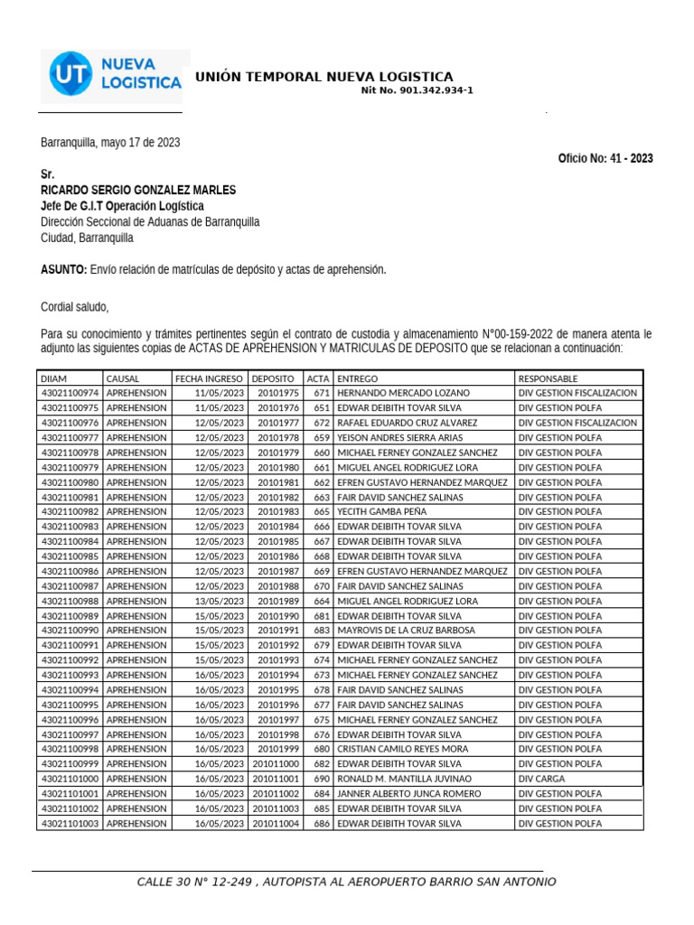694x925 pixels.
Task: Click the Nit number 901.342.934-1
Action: click(x=417, y=90)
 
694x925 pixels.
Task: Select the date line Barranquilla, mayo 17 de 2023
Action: click(x=110, y=143)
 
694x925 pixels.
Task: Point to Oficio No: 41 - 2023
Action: click(x=605, y=158)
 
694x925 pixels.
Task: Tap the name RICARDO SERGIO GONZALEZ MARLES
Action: click(x=138, y=190)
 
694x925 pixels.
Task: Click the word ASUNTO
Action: click(x=63, y=270)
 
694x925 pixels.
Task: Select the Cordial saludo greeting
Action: click(x=74, y=307)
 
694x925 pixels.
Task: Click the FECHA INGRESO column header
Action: click(x=209, y=378)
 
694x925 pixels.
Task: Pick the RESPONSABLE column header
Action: click(x=549, y=378)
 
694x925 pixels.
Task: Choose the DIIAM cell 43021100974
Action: click(x=70, y=393)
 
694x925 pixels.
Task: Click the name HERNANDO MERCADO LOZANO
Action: click(x=403, y=393)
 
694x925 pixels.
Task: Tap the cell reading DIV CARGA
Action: click(x=541, y=779)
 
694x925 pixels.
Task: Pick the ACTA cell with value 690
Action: click(x=321, y=779)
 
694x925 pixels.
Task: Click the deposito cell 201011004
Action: click(x=276, y=823)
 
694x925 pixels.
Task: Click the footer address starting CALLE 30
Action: click(x=346, y=882)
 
